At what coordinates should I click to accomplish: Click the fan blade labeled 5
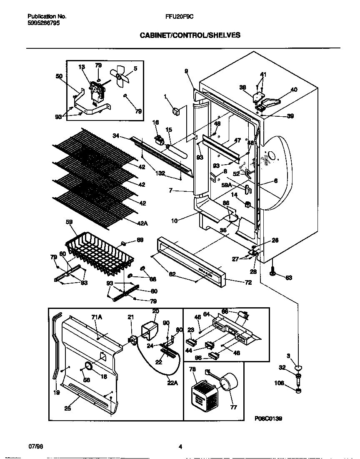tap(122, 76)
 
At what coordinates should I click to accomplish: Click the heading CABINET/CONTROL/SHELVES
tap(190, 35)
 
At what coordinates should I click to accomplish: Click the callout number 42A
tap(142, 224)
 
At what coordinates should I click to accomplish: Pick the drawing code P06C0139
tap(268, 419)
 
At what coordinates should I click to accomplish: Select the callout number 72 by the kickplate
tap(236, 282)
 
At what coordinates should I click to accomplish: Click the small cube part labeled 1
tap(176, 111)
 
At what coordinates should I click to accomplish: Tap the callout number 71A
tap(97, 318)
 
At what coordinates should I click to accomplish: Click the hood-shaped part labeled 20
tap(150, 324)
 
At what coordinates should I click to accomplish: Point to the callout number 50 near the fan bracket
tap(59, 76)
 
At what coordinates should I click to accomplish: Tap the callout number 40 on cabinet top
tap(294, 89)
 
